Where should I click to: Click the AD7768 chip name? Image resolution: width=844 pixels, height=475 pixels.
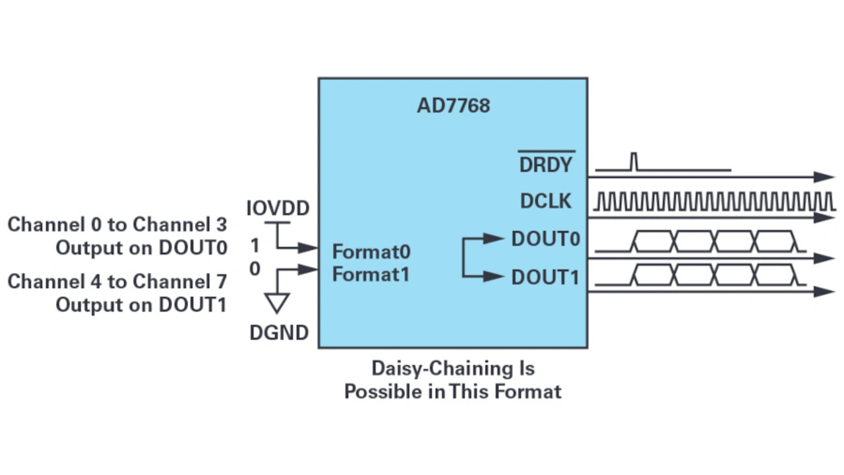coord(453,106)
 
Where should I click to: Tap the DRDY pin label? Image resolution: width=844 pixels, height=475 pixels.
coord(546,165)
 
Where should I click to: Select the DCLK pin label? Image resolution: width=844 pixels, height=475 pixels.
coord(545,201)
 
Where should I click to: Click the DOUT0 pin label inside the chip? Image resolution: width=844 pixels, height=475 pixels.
coord(545,239)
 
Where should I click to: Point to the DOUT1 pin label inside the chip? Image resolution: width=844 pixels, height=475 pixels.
coord(545,278)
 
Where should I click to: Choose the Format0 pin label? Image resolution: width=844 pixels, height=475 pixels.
coord(371,251)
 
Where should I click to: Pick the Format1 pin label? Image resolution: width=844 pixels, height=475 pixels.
coord(371,274)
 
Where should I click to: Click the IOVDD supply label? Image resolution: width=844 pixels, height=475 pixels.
coord(278,208)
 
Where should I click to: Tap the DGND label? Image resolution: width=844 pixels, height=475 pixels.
coord(279,333)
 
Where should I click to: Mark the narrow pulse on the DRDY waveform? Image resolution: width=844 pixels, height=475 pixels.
coord(634,162)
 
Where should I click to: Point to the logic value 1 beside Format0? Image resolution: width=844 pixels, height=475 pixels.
coord(255,246)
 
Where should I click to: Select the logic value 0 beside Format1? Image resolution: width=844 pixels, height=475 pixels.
coord(255,269)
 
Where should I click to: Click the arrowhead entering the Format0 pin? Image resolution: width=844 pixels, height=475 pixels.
coord(308,247)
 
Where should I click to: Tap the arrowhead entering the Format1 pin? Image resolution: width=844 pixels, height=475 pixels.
coord(308,269)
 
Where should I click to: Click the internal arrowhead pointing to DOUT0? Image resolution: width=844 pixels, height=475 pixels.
coord(494,238)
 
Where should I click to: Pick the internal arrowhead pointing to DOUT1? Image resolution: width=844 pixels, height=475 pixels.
coord(494,276)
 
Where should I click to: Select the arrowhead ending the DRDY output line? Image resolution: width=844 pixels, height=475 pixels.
coord(824,177)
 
